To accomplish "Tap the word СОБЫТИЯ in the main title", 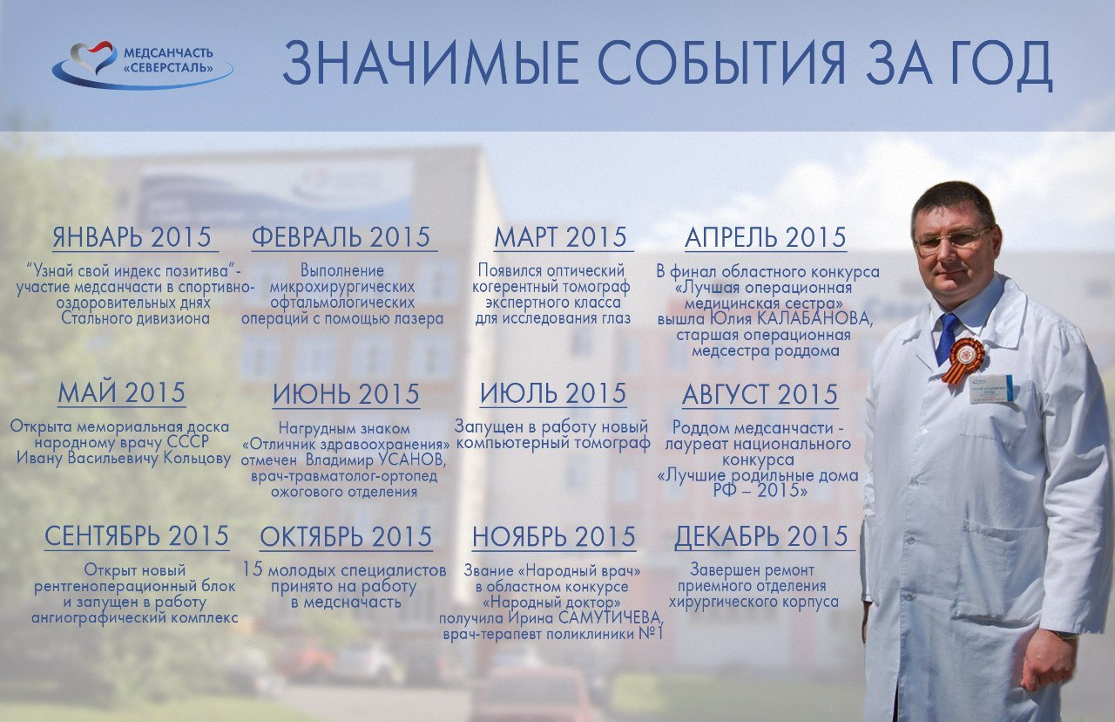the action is [x=721, y=64].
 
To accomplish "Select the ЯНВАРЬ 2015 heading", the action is [x=132, y=237].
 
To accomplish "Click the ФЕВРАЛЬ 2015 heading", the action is [x=341, y=237].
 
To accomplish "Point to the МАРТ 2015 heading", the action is [x=560, y=237].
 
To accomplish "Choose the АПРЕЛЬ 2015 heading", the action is [x=765, y=237].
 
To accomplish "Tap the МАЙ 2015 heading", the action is [x=121, y=392].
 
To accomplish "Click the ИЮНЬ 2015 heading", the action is [x=346, y=394].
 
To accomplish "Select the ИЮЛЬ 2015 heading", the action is [x=553, y=393].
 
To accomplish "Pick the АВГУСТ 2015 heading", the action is [x=760, y=395].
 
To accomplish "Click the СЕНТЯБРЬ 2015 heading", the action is [x=137, y=536].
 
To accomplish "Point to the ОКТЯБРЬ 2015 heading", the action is [x=346, y=536].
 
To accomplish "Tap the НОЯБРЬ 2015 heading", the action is [x=554, y=536].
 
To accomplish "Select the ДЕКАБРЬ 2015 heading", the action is [x=761, y=536].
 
